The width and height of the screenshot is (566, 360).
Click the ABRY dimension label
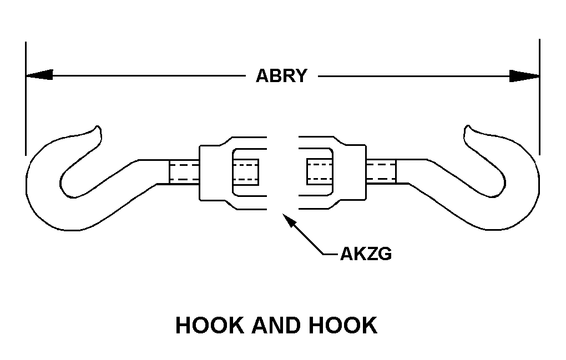coord(281,75)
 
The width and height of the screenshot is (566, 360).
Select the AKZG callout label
coord(366,254)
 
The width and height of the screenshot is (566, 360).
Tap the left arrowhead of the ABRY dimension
coord(39,75)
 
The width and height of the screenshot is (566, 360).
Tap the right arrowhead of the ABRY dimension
coord(525,75)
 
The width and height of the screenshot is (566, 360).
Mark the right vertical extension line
coord(539,97)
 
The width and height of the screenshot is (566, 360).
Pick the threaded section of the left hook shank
coord(183,172)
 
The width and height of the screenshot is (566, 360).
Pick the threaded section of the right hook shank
coord(381,172)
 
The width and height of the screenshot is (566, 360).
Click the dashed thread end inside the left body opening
coord(246,172)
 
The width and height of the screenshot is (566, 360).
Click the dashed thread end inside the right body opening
coord(319,172)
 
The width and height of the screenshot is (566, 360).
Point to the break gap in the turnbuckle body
coord(283,172)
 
